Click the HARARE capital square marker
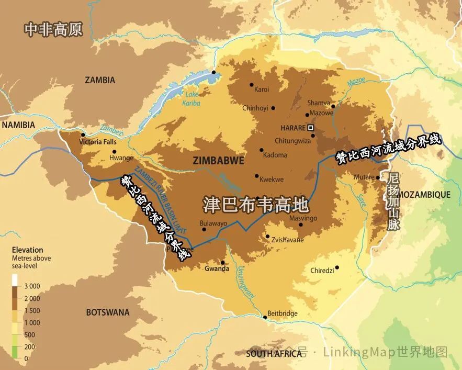tap(311, 127)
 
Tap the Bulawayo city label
tap(213, 223)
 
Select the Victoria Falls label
tap(98, 142)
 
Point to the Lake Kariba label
tap(192, 98)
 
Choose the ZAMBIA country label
tap(100, 80)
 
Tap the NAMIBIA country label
tap(18, 125)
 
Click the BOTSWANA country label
tap(107, 312)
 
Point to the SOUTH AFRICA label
tap(274, 354)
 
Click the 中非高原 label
tap(53, 30)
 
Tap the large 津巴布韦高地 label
tap(255, 205)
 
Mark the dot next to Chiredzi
tap(337, 268)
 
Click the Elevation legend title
tap(27, 250)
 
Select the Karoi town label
tap(262, 89)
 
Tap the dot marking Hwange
tap(114, 152)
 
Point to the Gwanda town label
tap(217, 268)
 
